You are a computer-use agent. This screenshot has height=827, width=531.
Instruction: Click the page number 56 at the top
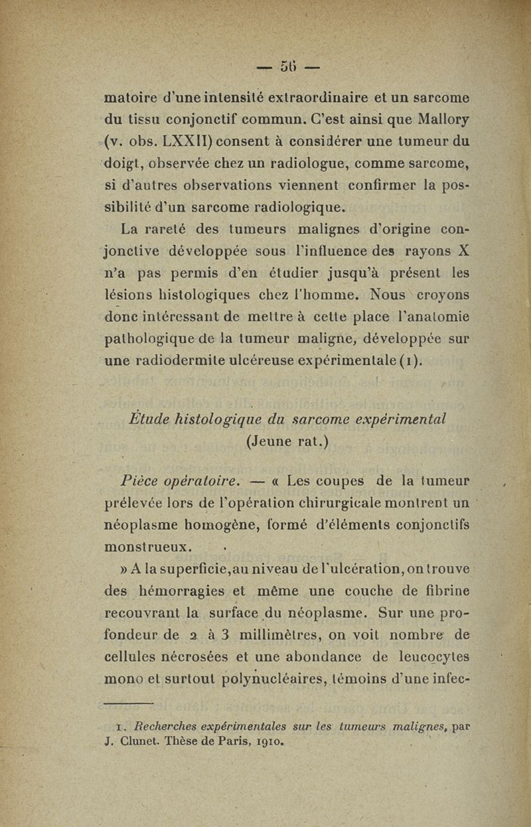(287, 66)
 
